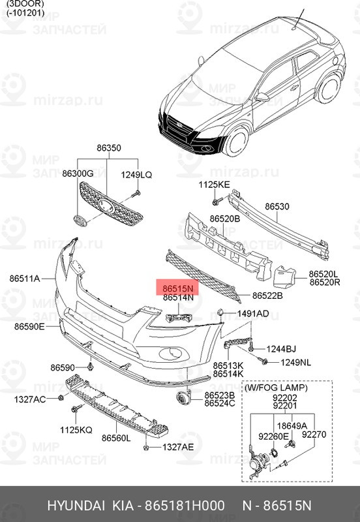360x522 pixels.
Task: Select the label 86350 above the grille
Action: pos(109,148)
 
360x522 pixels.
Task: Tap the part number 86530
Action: pos(277,206)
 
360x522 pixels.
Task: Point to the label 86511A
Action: pos(25,279)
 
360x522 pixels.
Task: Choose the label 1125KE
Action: pos(215,185)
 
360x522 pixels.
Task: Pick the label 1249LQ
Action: pos(136,174)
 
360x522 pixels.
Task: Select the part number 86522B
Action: pos(267,296)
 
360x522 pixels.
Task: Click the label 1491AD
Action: pos(252,314)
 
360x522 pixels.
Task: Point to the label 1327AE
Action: pos(178,447)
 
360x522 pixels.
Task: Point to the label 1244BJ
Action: pos(281,349)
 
